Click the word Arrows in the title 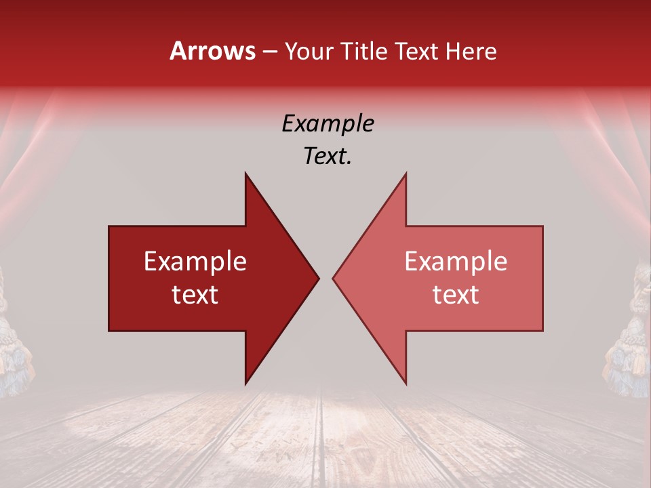click(x=213, y=51)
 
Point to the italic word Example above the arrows click(x=328, y=124)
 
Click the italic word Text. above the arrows click(x=328, y=157)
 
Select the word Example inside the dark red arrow click(x=195, y=262)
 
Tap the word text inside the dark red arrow click(x=195, y=295)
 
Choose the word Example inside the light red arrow click(x=456, y=262)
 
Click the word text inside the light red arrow click(x=456, y=295)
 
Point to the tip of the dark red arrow click(x=318, y=278)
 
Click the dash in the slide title click(x=269, y=52)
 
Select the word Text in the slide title click(x=416, y=51)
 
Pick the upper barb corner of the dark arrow click(x=245, y=174)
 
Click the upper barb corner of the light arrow click(x=406, y=174)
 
